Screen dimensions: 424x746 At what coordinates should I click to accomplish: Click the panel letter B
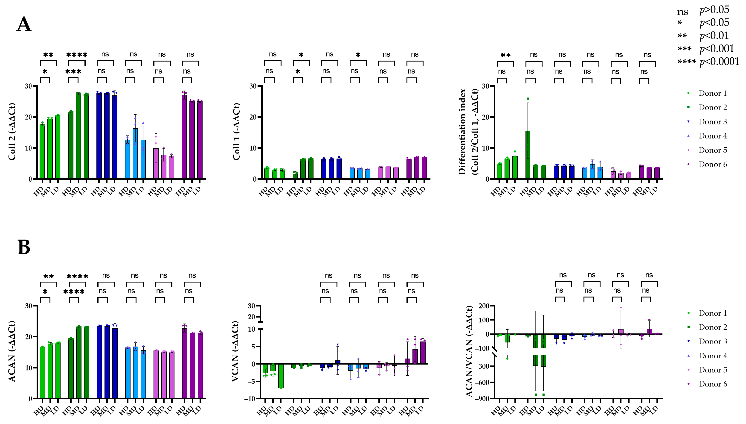point(24,247)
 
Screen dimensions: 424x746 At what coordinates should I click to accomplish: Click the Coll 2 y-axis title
point(12,132)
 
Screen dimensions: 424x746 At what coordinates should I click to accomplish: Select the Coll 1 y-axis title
point(236,132)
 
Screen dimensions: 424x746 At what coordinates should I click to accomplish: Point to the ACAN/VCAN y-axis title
point(469,351)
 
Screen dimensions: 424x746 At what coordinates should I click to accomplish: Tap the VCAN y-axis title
point(235,351)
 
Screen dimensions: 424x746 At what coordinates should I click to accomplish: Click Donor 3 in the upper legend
point(713,122)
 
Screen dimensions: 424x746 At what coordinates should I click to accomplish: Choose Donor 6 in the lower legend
point(713,384)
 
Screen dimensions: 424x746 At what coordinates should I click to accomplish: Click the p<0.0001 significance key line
point(708,62)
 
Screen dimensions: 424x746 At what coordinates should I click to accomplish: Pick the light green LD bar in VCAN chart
point(281,376)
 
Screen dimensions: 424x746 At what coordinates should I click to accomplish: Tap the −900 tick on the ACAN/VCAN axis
point(482,398)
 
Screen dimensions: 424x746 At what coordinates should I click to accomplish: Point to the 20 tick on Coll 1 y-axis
point(253,117)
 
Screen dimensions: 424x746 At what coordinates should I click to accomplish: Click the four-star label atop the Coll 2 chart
point(77,55)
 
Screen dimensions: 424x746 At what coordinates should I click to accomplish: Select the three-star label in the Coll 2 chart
point(73,72)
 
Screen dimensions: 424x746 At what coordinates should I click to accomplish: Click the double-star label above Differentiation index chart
point(505,55)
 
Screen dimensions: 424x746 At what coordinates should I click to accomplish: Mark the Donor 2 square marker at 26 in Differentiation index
point(528,99)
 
